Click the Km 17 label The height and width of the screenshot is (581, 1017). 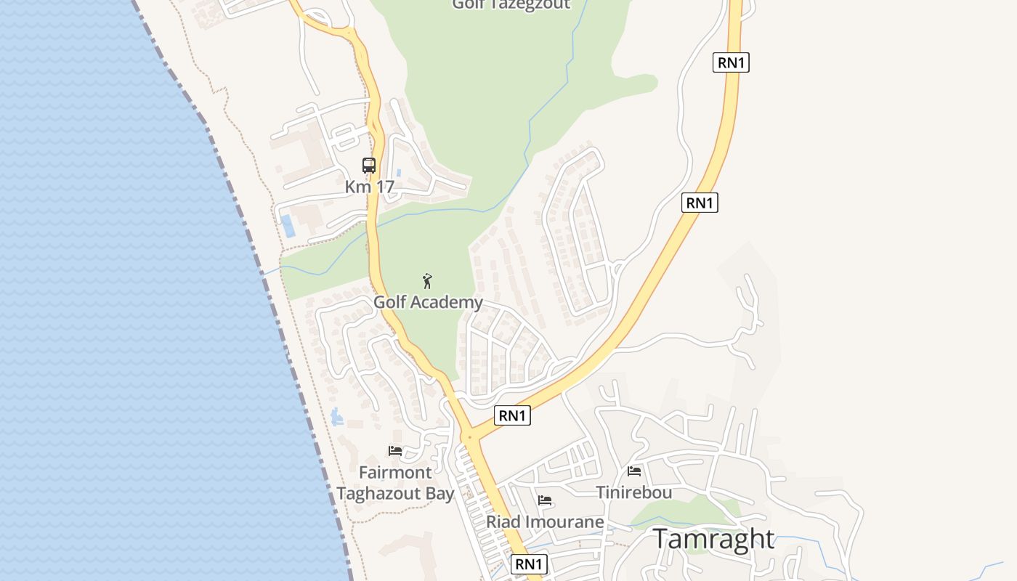[369, 187]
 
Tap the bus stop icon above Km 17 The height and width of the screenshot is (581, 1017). [369, 166]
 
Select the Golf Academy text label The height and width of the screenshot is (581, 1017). [428, 302]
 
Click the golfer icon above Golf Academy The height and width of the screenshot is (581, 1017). [427, 281]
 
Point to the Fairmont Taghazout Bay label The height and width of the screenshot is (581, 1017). [395, 483]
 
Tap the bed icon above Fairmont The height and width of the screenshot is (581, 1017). [395, 451]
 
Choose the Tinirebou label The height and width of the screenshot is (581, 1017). [633, 492]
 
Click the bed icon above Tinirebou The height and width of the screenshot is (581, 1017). [634, 471]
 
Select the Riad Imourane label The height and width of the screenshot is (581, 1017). [545, 521]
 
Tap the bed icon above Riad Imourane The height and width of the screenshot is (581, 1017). [545, 500]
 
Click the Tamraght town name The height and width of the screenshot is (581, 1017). [713, 540]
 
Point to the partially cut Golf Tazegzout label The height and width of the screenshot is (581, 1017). [511, 5]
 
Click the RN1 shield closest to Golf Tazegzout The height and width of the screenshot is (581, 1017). [731, 62]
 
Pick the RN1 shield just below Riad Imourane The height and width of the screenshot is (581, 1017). [528, 564]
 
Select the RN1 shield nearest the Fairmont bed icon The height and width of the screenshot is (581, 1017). [512, 415]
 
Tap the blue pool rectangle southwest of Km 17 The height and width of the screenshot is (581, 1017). [288, 226]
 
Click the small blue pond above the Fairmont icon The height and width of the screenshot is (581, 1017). [336, 417]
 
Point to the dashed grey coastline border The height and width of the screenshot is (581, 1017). [240, 203]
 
